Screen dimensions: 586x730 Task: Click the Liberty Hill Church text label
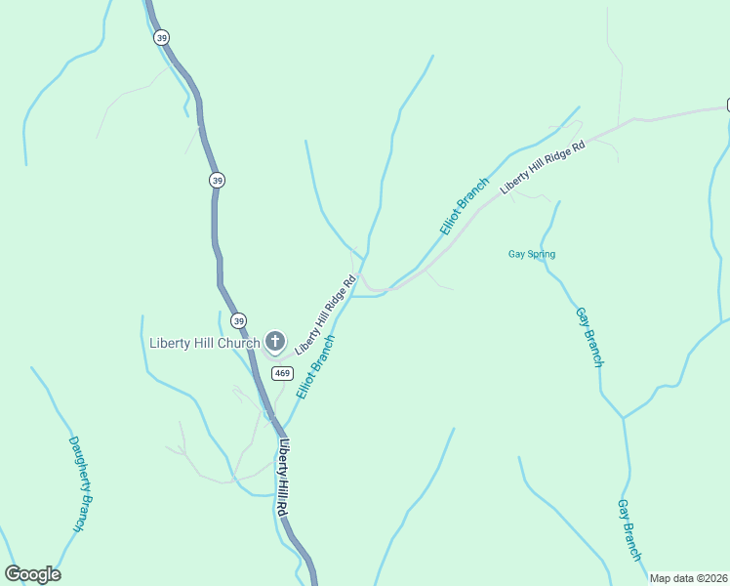(x=205, y=343)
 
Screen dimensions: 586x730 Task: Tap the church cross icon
(x=276, y=342)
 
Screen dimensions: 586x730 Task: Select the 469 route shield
(x=283, y=373)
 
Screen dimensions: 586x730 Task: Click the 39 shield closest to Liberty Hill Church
(x=239, y=320)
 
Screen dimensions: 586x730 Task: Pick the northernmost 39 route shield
(x=161, y=37)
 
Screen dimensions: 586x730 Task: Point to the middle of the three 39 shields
(x=217, y=180)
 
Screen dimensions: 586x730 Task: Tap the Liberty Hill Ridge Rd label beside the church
(x=325, y=314)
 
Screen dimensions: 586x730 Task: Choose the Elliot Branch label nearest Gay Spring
(x=464, y=206)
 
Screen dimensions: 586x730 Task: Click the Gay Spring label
(x=532, y=255)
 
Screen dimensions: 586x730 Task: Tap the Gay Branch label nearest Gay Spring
(x=588, y=337)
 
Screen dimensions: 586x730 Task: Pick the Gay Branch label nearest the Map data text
(x=629, y=529)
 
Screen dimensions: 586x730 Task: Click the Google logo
(x=32, y=574)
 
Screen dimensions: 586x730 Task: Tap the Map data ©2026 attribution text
(x=689, y=578)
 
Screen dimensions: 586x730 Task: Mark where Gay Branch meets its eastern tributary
(x=622, y=418)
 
